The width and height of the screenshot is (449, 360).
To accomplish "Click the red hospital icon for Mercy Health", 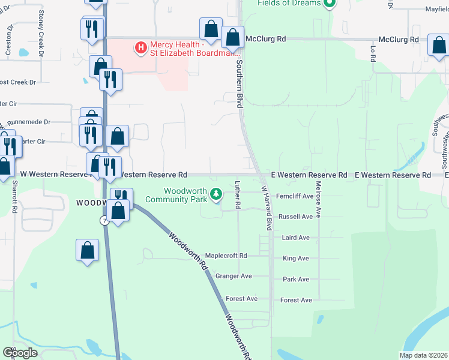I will (140, 46).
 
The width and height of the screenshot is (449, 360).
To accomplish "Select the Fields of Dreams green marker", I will (329, 4).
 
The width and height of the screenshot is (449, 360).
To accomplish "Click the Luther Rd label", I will (238, 195).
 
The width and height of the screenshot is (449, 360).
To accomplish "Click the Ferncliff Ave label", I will (295, 196).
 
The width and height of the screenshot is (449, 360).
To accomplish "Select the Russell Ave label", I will (296, 217).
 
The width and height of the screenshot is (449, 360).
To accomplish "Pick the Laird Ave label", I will (296, 238).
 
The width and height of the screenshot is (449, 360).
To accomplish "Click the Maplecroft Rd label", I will (226, 256).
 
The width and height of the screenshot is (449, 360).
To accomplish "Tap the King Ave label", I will (295, 259).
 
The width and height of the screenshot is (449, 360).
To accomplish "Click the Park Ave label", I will (296, 280).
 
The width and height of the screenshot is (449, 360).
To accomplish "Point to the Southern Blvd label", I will (239, 83).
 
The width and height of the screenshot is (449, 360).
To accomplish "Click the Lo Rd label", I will (373, 53).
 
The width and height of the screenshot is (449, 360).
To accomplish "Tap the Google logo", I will (20, 353).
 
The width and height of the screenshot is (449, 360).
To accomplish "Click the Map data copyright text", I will (423, 355).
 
